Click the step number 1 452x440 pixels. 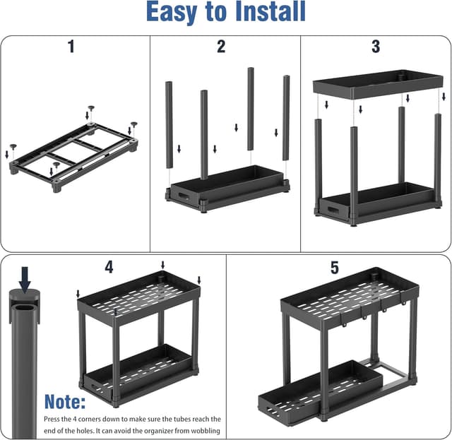click(x=71, y=47)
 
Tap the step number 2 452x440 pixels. click(x=221, y=47)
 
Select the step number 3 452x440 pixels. click(x=375, y=47)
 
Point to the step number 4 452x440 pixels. click(x=109, y=268)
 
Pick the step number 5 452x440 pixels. click(x=335, y=268)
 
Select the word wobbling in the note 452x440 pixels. click(x=200, y=431)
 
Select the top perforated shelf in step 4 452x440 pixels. click(x=137, y=293)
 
